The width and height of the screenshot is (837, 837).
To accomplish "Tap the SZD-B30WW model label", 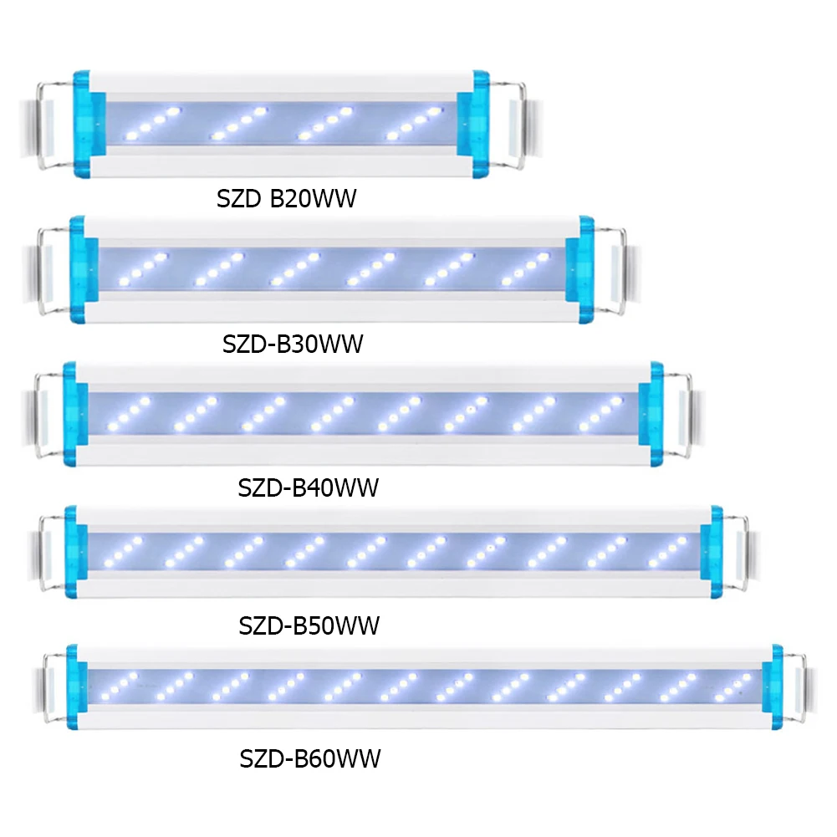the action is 293,344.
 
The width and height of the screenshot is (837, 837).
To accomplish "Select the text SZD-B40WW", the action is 308,487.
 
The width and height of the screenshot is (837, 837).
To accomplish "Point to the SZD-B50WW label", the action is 309,625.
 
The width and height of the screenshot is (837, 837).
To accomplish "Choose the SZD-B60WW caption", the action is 309,758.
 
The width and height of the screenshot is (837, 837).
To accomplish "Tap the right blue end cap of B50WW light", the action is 712,554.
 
